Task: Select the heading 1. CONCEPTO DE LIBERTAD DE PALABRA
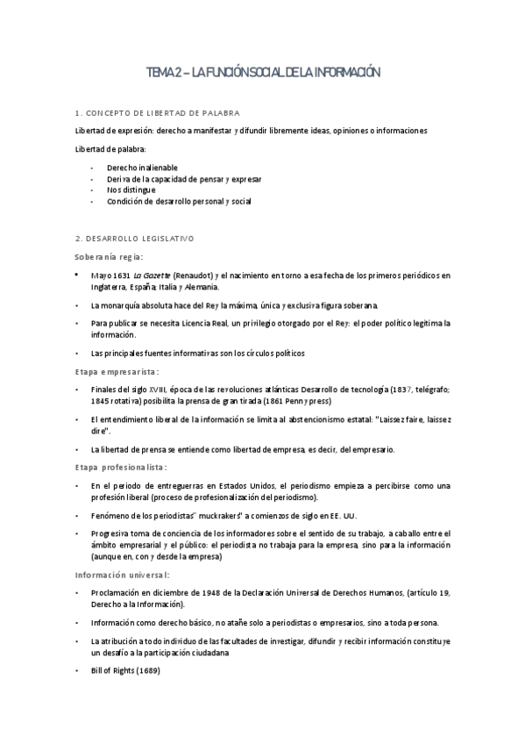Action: click(153, 114)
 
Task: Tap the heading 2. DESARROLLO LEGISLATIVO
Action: click(135, 239)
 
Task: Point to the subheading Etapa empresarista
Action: click(116, 371)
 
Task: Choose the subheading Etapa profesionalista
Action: click(120, 467)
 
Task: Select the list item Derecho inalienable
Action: click(142, 167)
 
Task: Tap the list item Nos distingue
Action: click(131, 190)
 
